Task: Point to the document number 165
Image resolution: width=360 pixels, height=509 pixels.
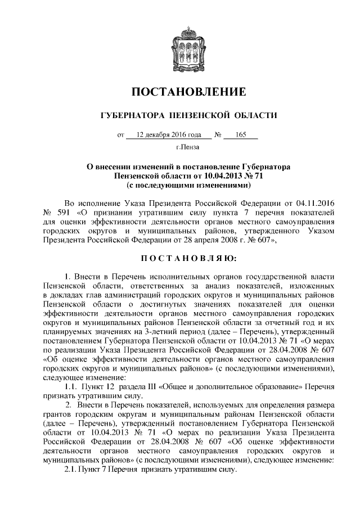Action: tap(242, 135)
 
